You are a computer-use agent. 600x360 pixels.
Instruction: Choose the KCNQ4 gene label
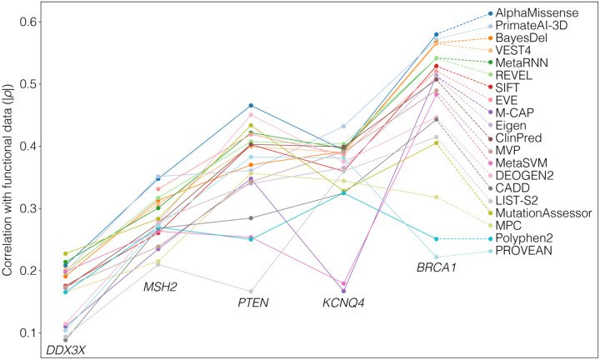(x=342, y=301)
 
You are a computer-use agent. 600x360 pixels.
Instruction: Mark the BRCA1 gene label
(x=436, y=268)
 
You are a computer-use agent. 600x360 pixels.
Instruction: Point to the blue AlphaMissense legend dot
(x=490, y=14)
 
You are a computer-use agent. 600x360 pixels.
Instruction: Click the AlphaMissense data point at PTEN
(x=251, y=106)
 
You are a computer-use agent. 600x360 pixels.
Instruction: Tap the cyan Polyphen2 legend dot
(x=490, y=239)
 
